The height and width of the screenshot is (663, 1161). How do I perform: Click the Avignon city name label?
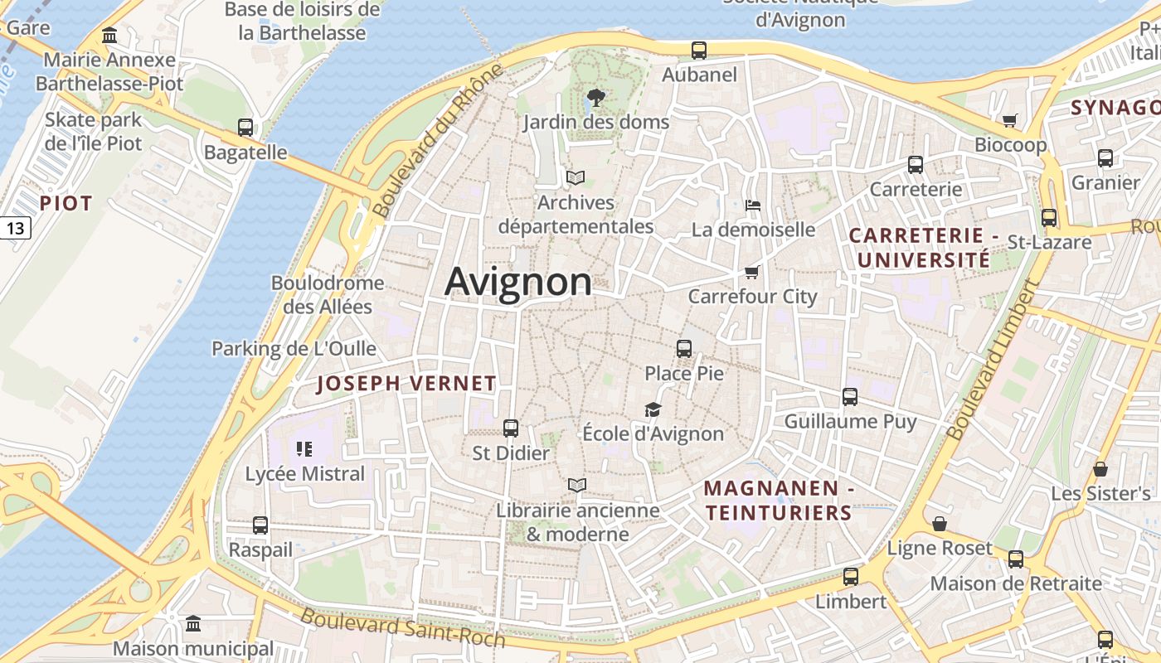click(x=518, y=282)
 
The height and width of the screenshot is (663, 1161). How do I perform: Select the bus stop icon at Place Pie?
click(x=684, y=349)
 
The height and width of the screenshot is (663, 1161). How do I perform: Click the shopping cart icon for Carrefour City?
click(x=752, y=272)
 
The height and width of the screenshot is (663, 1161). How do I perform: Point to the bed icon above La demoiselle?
click(x=753, y=205)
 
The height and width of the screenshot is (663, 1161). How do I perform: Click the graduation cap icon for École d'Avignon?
click(x=653, y=409)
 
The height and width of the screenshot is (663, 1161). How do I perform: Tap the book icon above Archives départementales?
click(x=576, y=177)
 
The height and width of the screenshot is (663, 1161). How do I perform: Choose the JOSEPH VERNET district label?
click(x=406, y=384)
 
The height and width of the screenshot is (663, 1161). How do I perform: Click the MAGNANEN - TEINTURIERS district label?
click(x=778, y=501)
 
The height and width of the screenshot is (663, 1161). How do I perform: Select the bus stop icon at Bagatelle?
click(x=245, y=128)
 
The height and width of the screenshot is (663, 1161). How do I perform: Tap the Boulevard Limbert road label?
click(x=993, y=360)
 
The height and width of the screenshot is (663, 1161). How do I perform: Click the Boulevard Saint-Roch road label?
click(x=402, y=627)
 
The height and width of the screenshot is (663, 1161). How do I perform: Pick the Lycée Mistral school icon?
click(x=304, y=449)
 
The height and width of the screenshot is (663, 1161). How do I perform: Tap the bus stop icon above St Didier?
click(x=511, y=428)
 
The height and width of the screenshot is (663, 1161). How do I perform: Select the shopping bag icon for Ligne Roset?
click(x=940, y=524)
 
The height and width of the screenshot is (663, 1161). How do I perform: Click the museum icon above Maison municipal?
click(x=193, y=623)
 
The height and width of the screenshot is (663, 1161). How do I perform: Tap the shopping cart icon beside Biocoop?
click(x=1009, y=121)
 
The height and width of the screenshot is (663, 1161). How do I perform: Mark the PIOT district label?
click(x=66, y=203)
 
